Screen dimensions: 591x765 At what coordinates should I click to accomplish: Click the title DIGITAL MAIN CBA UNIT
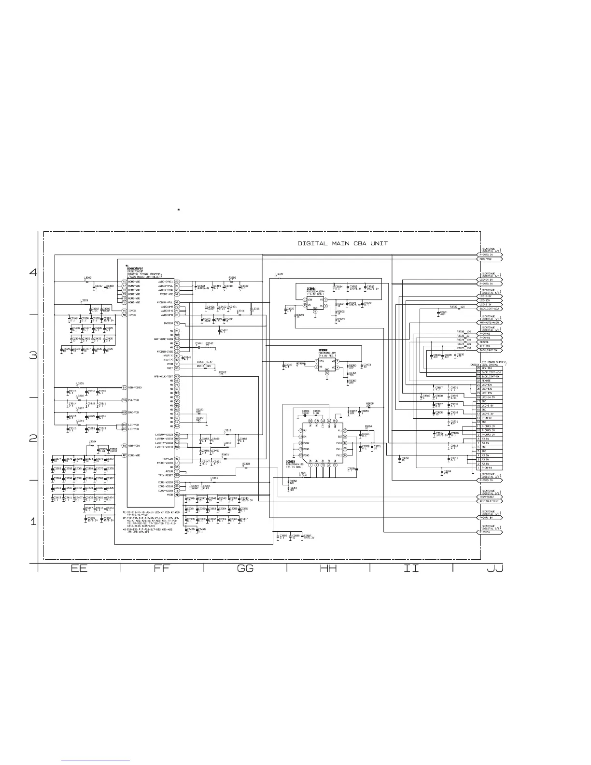pos(342,243)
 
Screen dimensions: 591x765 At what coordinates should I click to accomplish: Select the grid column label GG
pos(245,568)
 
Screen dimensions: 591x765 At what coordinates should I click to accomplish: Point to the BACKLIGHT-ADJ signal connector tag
pos(490,308)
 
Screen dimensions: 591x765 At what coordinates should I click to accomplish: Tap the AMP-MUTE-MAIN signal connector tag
pos(490,323)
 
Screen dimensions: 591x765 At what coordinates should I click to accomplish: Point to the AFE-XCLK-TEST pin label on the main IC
pos(163,376)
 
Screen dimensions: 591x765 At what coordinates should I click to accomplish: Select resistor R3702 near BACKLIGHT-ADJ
pos(456,307)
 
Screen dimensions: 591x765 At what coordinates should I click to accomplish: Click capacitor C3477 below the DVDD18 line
pos(224,330)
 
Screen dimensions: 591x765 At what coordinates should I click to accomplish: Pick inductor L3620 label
pos(279,274)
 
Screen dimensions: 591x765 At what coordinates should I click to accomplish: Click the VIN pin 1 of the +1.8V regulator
pos(309,299)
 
